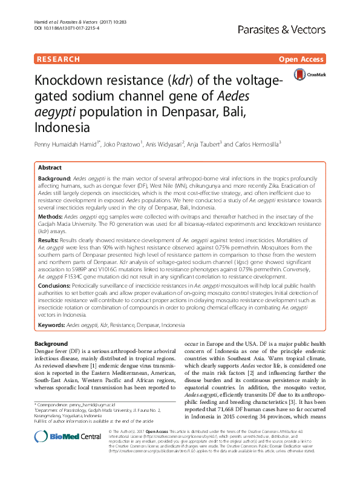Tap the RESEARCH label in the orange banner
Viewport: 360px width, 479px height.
coord(58,59)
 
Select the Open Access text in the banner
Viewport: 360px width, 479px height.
coord(301,59)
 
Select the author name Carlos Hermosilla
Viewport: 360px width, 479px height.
coord(255,145)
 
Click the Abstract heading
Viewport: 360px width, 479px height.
coord(50,168)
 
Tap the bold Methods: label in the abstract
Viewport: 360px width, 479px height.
coord(52,216)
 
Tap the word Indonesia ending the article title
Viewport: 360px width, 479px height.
coord(63,128)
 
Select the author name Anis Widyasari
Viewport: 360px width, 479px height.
coord(166,145)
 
